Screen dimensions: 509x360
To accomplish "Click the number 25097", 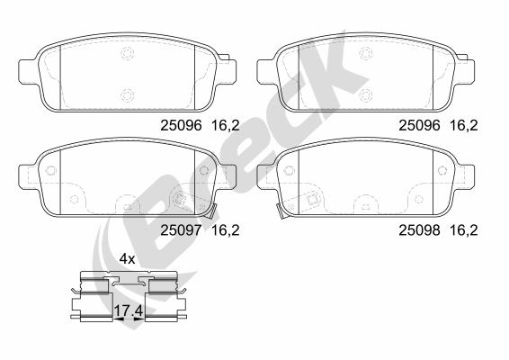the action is [x=181, y=230].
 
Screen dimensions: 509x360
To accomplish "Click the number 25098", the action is [x=419, y=230].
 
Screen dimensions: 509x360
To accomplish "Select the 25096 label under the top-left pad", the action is [x=181, y=125].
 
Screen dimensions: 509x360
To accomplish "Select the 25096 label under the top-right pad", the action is [x=419, y=125].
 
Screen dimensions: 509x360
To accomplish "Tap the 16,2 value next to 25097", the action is [x=226, y=230].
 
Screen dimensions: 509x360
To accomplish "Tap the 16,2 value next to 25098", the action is [x=463, y=230].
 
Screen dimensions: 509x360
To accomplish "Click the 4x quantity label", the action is [x=127, y=259].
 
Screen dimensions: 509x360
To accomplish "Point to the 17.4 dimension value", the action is [x=129, y=311].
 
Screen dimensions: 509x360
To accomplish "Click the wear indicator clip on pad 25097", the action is [x=210, y=211].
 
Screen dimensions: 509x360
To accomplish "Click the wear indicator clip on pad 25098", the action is [x=281, y=211].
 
